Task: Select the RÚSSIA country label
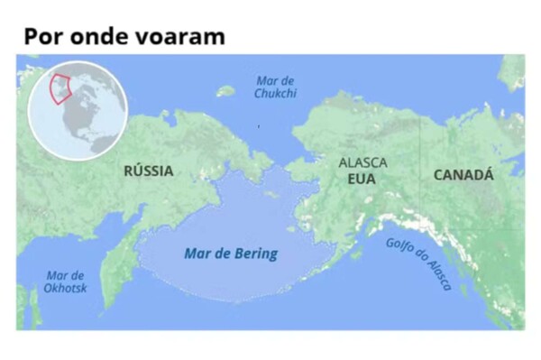coord(149,171)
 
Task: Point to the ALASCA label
coord(362,163)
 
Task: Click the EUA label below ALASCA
coord(361,179)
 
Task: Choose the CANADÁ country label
coord(463,175)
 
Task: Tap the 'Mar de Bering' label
coord(231,254)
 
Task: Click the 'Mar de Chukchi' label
coord(275,87)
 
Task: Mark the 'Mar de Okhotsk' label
coord(66,282)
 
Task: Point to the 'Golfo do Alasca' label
coord(419,262)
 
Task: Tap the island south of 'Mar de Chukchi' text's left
coord(225,90)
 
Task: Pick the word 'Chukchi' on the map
coord(275,93)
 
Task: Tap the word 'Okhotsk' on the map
coord(66,288)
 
